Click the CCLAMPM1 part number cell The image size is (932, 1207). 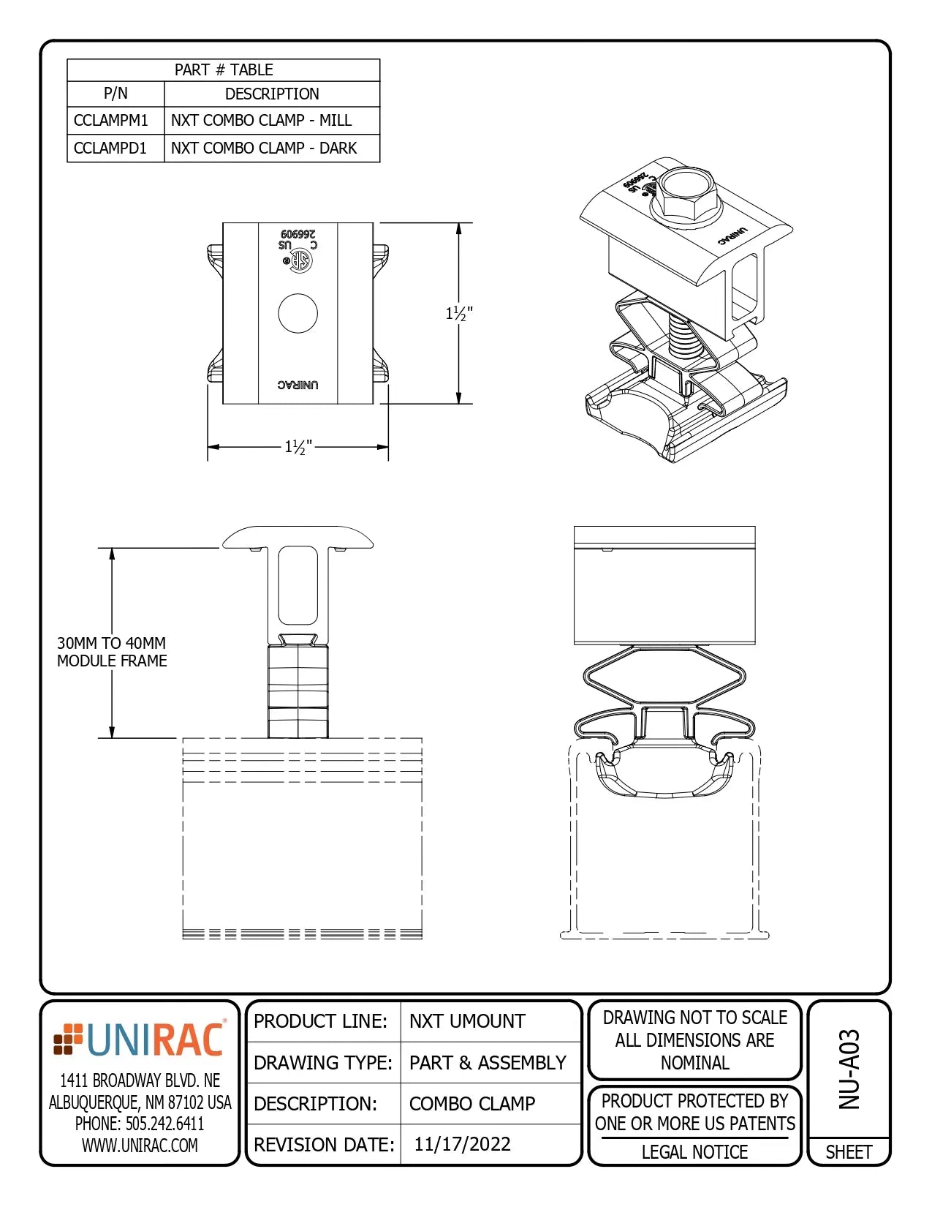click(111, 121)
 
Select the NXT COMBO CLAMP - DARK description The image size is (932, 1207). click(264, 148)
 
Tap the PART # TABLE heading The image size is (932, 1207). click(224, 70)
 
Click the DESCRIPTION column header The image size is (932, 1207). click(272, 94)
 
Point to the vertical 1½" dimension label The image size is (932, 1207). click(459, 314)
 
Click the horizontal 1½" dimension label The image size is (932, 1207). click(298, 447)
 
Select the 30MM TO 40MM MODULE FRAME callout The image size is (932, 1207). click(112, 652)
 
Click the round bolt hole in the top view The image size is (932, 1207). click(298, 314)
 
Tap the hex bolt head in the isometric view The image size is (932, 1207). click(686, 192)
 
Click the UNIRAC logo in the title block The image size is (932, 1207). click(140, 1039)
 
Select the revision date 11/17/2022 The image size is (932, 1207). click(462, 1144)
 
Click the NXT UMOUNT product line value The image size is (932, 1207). click(467, 1021)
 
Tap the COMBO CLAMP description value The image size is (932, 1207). click(472, 1103)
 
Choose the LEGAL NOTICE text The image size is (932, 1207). click(694, 1152)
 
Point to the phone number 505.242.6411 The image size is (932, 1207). click(140, 1124)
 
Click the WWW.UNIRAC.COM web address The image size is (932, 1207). click(140, 1146)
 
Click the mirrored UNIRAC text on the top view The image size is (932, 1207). click(298, 385)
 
